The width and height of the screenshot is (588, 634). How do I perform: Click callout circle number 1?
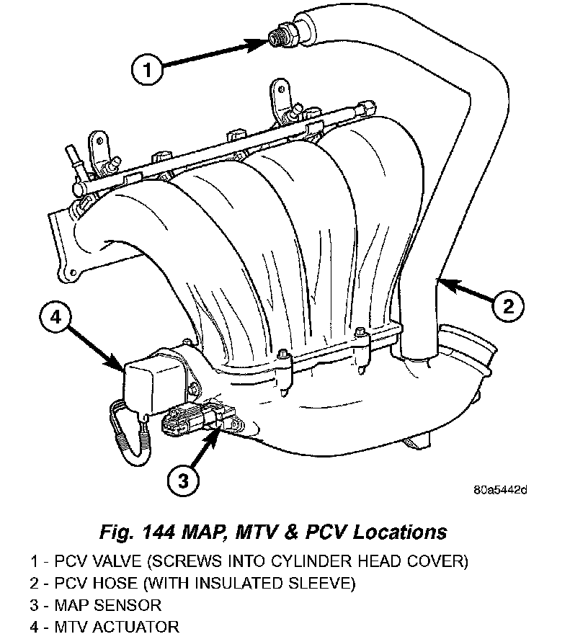(148, 70)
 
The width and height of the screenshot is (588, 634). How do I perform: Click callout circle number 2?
(507, 306)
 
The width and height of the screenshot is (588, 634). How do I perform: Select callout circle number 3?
(183, 478)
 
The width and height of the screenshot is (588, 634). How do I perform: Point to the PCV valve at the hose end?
(279, 38)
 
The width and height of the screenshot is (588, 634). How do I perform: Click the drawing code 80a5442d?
(500, 491)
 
